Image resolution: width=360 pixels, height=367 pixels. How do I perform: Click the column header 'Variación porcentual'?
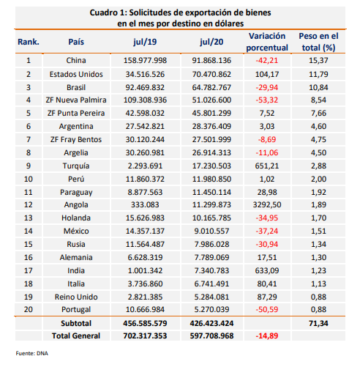267,42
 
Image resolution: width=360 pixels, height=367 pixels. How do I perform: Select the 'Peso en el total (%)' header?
318,42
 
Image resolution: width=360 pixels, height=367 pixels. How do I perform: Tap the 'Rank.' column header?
29,42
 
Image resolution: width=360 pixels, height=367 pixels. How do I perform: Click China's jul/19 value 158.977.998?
145,60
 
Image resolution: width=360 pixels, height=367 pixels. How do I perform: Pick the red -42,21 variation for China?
267,60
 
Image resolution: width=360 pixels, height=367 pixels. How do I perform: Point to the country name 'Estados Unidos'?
76,74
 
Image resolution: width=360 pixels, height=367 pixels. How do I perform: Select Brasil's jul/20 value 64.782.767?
211,87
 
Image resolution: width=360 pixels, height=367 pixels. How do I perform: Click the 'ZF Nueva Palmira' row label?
76,100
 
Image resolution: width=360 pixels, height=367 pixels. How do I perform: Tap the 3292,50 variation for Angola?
267,204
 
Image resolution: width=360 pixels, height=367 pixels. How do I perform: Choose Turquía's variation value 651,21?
267,166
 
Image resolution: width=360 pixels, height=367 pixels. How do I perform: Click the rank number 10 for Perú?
29,179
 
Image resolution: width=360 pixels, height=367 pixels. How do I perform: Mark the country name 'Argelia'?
76,153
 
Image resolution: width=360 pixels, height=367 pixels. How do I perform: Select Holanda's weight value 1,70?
318,218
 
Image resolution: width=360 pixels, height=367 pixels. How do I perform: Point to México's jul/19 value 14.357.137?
145,231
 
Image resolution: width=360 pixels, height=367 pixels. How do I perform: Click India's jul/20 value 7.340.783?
211,270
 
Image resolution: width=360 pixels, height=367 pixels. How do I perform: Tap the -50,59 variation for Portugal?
267,309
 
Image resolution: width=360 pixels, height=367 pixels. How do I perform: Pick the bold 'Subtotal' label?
76,323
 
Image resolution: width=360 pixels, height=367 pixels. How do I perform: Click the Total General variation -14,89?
267,336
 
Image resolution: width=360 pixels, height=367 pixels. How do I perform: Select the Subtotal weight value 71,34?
318,323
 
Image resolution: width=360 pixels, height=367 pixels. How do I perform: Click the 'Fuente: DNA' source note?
32,353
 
